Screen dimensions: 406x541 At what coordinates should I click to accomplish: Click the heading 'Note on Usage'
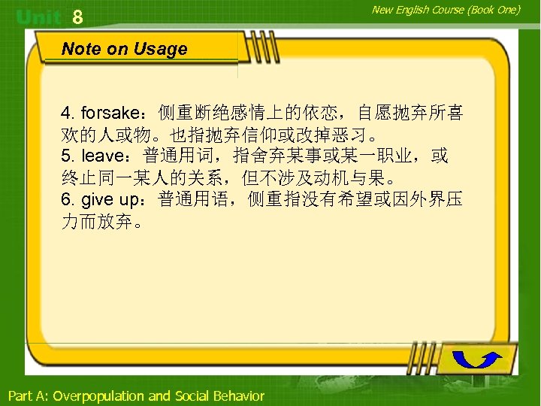pyautogui.click(x=124, y=50)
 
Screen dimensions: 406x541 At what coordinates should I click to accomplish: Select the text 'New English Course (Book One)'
pyautogui.click(x=445, y=10)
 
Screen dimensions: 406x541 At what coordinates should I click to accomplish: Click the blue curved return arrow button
pyautogui.click(x=479, y=359)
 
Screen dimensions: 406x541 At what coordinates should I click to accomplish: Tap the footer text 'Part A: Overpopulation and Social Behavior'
pyautogui.click(x=136, y=395)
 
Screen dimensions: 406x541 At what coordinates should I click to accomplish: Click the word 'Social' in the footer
pyautogui.click(x=192, y=395)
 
